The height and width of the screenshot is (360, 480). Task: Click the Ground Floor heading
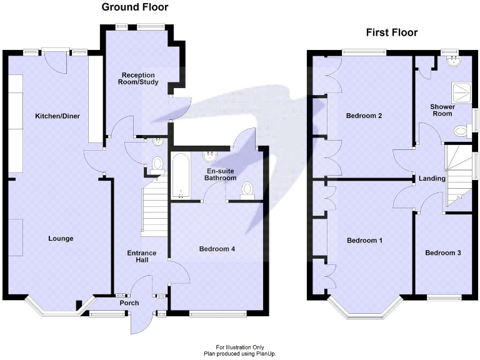coord(135,7)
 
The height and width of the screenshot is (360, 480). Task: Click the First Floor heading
coord(391,32)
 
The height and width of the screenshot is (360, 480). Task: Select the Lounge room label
coord(61,238)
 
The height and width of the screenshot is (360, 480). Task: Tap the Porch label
coord(129,303)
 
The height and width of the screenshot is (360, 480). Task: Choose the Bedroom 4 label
coord(217,249)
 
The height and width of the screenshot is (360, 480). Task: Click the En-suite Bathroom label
coord(220,174)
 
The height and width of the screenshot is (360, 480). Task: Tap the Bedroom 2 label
coord(364,116)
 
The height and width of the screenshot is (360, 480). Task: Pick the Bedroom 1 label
coord(364,241)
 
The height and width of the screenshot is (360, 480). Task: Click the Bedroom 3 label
coord(442,253)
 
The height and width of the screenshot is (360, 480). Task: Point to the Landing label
coord(432,179)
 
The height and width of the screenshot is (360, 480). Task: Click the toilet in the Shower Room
coord(461,131)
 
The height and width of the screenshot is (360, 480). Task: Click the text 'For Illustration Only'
coord(241,347)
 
